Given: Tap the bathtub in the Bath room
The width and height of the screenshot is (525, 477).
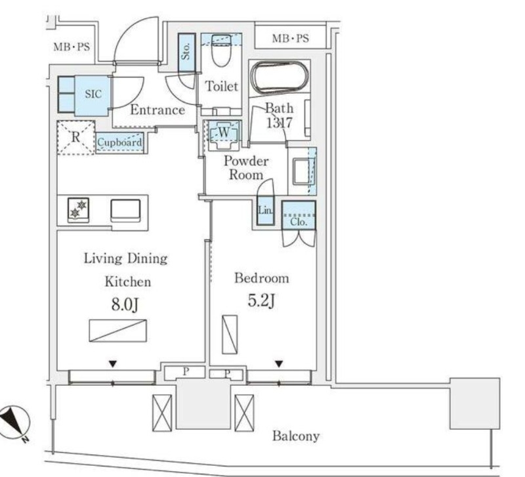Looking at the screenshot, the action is tap(280, 77).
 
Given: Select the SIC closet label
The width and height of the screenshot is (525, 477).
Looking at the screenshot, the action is tap(93, 94).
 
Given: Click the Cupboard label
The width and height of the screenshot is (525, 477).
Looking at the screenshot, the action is tap(119, 142).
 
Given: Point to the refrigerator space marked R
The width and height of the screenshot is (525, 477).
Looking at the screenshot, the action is tap(76, 137).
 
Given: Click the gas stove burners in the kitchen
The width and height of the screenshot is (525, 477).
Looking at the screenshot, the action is tap(78, 210).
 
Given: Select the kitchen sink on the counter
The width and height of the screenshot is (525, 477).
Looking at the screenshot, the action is tap(125, 211).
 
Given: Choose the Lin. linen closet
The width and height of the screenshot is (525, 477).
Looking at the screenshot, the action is tap(266, 210).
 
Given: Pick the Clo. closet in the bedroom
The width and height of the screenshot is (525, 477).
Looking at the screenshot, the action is tap(299, 215).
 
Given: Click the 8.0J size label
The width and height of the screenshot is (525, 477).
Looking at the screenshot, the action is tap(125, 304).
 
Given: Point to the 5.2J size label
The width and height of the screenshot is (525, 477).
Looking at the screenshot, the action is tap(261, 301).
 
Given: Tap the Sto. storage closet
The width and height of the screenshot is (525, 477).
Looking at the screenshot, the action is tap(186, 52).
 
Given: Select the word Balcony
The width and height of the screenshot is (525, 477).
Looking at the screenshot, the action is tap(296, 436).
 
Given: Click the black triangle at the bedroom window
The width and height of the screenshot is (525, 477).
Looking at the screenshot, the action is tap(280, 363).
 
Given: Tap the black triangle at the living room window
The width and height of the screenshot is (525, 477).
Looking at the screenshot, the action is tap(113, 364).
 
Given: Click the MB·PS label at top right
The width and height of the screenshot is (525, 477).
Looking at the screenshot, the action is tap(290, 39).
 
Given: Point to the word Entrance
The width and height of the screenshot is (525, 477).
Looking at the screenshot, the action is tap(157, 110).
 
